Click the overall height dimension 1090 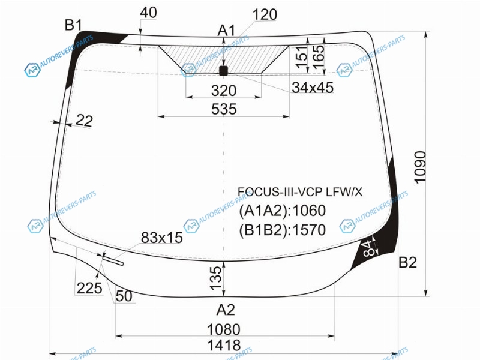[420, 167]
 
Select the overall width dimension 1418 [224, 345]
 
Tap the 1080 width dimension [224, 329]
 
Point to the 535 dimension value [224, 109]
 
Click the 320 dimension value [224, 91]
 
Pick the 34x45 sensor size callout [313, 88]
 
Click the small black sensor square [223, 71]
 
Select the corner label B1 [73, 25]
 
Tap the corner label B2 [407, 262]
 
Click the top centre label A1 [227, 31]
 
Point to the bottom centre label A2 [226, 310]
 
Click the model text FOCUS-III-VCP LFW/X [300, 192]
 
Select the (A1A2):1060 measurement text [282, 211]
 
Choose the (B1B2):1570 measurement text [282, 230]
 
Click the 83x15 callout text [161, 237]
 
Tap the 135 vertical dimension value [215, 278]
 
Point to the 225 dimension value [89, 288]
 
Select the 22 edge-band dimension [83, 121]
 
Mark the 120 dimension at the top [265, 14]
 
